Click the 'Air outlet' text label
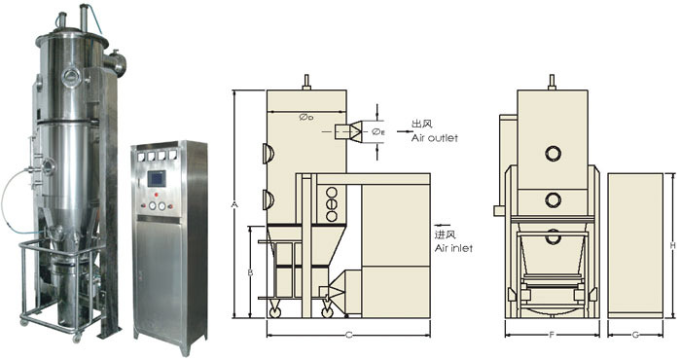click(x=434, y=138)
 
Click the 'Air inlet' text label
click(x=453, y=248)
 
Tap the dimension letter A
click(x=234, y=204)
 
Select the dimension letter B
click(x=250, y=272)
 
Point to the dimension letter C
click(x=348, y=335)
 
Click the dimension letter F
click(x=552, y=335)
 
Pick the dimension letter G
click(x=635, y=335)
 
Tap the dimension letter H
click(x=673, y=246)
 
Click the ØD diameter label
click(x=306, y=118)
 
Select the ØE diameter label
click(x=378, y=132)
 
